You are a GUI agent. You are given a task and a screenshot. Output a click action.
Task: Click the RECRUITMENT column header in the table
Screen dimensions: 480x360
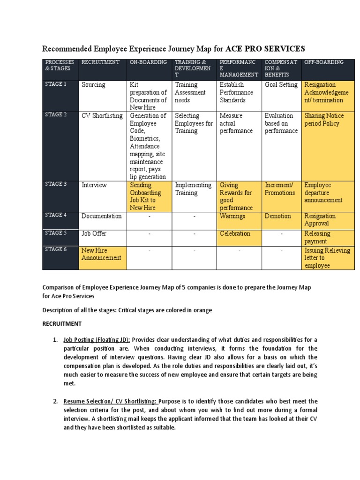tap(100, 62)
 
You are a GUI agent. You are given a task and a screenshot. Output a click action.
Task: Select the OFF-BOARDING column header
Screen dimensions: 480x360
tap(324, 62)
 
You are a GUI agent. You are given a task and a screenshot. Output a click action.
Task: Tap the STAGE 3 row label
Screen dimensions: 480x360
tap(56, 184)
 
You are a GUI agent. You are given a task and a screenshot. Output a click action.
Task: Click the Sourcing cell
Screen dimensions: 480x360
tap(93, 85)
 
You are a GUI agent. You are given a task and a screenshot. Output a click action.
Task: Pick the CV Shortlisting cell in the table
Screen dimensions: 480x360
tap(102, 116)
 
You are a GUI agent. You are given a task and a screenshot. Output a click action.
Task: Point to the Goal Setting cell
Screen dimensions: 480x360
tap(281, 85)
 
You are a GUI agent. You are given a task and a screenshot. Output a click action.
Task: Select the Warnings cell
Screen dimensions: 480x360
tap(232, 216)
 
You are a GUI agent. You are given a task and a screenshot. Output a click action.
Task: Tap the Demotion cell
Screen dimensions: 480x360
tap(277, 216)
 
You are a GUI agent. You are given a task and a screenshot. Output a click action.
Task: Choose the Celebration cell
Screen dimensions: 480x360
tap(235, 233)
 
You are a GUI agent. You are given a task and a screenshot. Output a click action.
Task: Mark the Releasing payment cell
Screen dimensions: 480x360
tap(317, 237)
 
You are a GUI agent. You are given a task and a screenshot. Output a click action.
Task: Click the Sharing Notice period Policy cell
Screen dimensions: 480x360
tap(324, 120)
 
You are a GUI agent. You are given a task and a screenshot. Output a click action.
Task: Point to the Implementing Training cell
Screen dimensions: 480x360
tap(193, 189)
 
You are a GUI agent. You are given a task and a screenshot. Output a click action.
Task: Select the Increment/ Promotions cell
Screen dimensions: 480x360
tap(280, 189)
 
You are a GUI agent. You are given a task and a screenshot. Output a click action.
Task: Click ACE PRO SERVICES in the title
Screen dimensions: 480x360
tap(265, 48)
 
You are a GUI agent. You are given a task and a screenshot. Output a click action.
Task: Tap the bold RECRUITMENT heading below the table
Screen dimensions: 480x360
tap(62, 323)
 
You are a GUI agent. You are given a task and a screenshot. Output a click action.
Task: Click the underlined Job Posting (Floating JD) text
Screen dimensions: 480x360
tap(97, 339)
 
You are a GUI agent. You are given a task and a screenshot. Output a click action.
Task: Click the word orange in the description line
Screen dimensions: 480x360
tap(202, 310)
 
